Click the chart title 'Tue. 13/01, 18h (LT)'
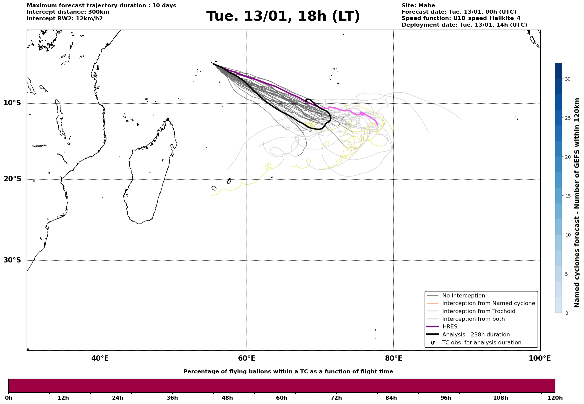pos(283,16)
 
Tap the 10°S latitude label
pos(12,103)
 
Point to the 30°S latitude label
pos(12,260)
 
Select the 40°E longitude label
pos(100,359)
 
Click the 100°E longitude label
pos(540,359)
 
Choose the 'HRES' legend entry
pos(450,327)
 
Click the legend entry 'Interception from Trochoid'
pos(478,311)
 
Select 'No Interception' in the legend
pos(463,296)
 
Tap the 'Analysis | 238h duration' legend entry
pos(476,335)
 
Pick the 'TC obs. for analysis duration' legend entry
pos(481,343)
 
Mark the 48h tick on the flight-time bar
pos(227,398)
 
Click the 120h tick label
pos(555,398)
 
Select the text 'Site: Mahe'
pos(418,6)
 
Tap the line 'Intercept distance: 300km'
pos(68,12)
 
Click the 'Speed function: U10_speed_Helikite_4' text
pos(461,18)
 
